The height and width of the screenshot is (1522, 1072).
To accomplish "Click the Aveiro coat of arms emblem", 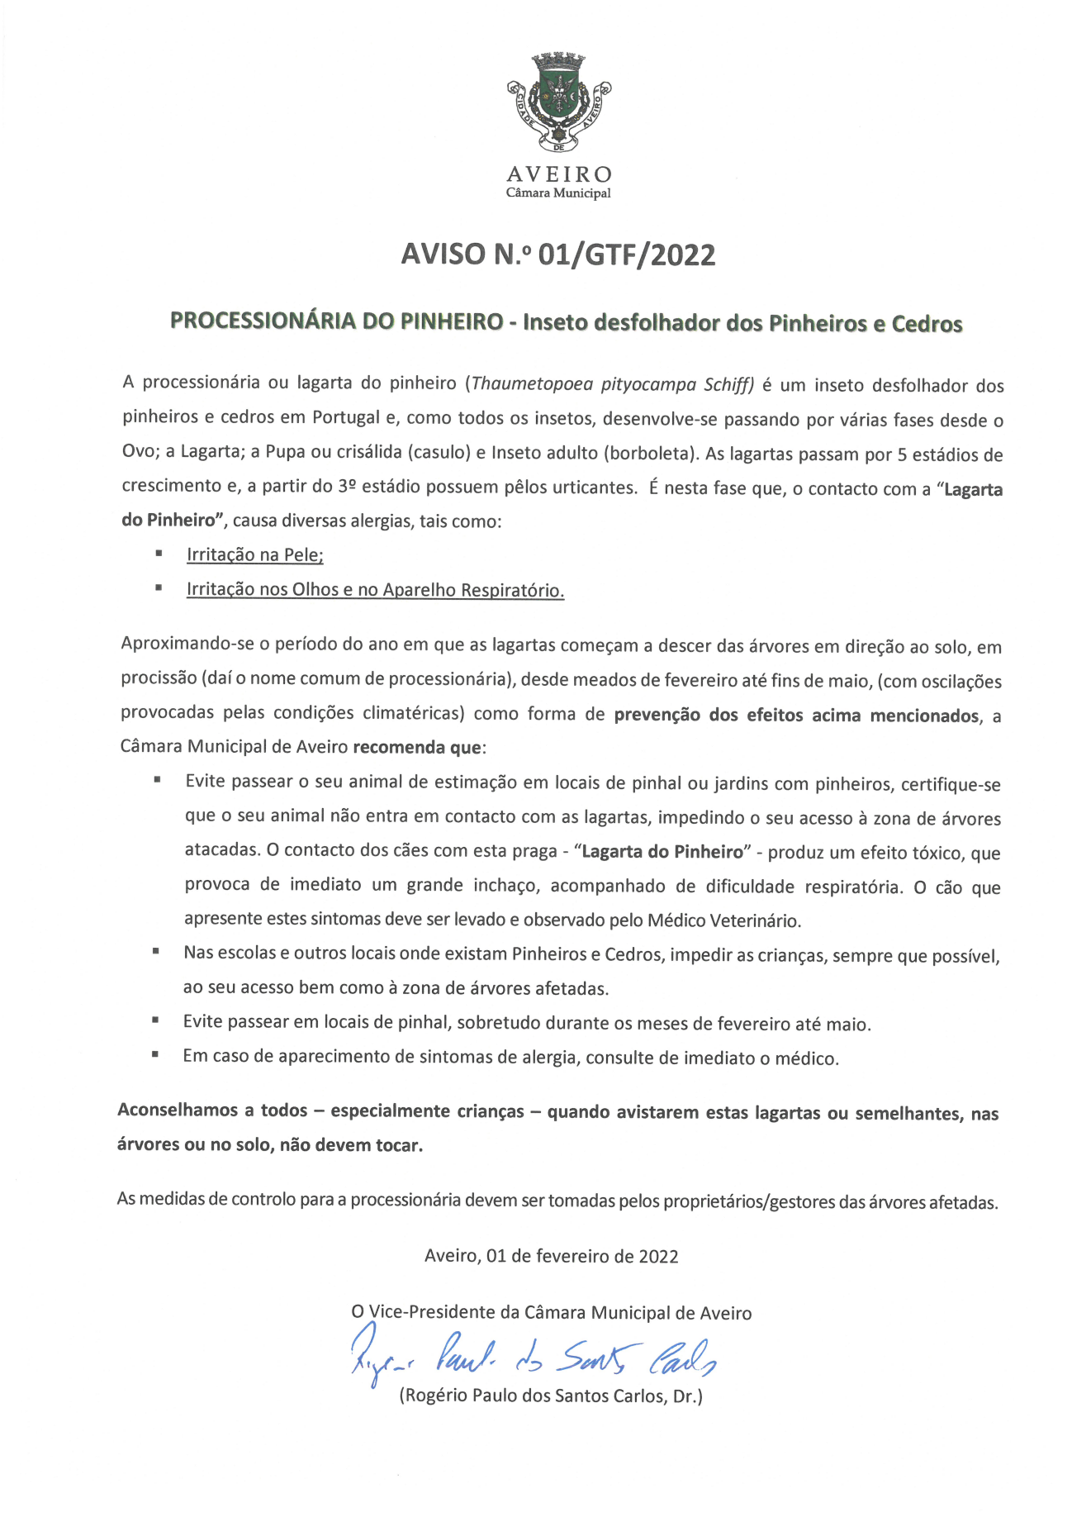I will (559, 102).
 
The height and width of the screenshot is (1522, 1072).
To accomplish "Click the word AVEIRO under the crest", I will (559, 174).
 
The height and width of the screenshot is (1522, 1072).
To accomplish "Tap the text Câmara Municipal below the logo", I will (558, 193).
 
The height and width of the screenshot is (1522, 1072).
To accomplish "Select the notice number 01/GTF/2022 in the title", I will (626, 254).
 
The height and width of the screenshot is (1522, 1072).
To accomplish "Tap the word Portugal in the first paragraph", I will (346, 417).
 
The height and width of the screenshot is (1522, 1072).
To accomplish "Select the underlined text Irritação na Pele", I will (254, 554).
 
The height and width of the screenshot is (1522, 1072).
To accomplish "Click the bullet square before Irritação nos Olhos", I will (158, 588).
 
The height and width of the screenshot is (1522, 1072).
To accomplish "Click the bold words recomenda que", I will (417, 748).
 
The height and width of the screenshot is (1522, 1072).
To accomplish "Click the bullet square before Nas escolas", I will (155, 952).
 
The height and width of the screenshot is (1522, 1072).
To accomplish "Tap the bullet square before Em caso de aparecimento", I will (154, 1055).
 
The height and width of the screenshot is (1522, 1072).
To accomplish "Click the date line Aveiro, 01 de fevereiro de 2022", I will (552, 1256).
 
